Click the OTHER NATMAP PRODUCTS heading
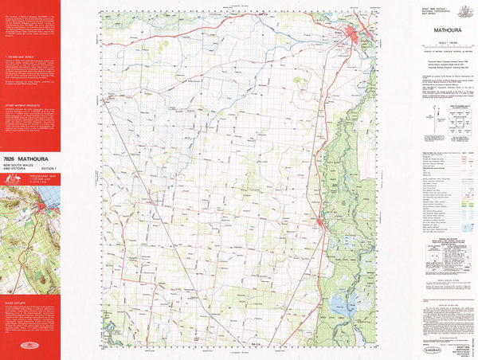(22, 103)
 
